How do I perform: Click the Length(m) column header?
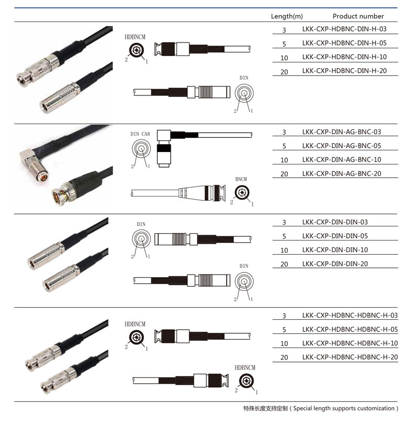(287, 16)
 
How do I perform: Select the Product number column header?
(358, 16)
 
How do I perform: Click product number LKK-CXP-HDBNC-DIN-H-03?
(344, 29)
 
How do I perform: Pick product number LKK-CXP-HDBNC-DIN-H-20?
(344, 71)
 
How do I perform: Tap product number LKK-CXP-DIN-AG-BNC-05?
(341, 146)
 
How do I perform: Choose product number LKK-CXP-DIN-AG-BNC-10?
(341, 160)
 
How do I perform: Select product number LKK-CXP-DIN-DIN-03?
(335, 222)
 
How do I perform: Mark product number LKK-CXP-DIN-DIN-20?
(335, 264)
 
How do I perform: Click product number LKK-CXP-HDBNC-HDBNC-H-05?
(350, 330)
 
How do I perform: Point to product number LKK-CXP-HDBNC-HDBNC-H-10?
(350, 343)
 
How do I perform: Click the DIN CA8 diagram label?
(140, 134)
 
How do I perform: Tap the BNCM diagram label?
(241, 179)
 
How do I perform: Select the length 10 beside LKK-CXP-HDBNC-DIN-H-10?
(284, 58)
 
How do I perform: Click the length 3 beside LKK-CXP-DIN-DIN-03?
(284, 223)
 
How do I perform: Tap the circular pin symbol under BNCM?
(241, 192)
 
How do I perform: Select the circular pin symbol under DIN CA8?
(141, 148)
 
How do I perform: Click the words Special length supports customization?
(344, 408)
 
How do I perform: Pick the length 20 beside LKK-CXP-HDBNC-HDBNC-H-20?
(284, 357)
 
